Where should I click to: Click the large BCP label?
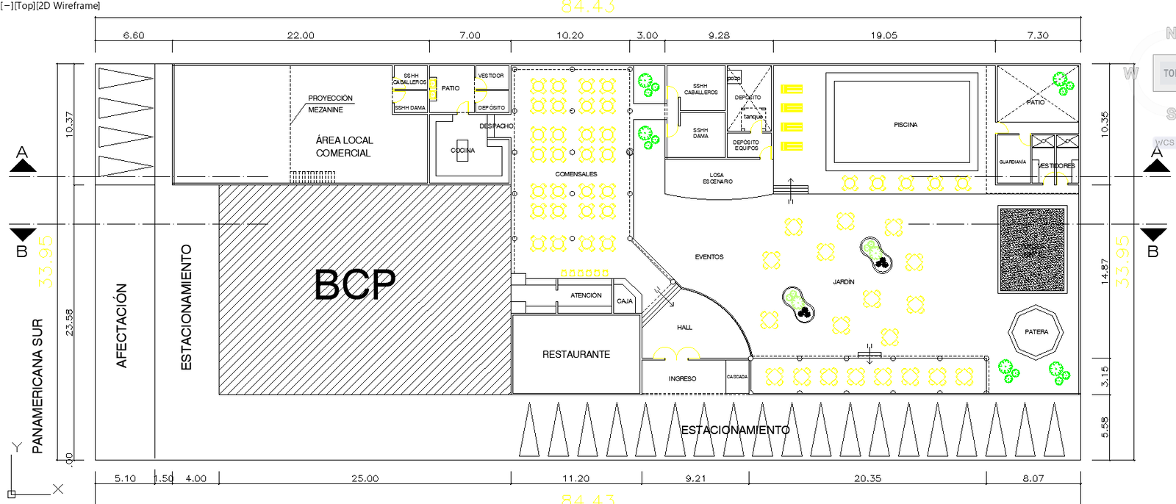coord(355,284)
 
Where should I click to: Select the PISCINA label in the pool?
coord(906,125)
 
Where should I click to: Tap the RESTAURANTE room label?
coord(576,354)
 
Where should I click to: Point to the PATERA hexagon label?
coord(1036,332)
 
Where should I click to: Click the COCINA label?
coord(463,151)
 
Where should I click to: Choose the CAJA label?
coord(625,301)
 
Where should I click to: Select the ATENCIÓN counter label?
coord(586,295)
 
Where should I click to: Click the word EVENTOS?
coord(709,257)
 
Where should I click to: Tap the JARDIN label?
coord(844,282)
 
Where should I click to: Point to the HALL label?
coord(684,328)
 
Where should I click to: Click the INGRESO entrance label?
coord(682,378)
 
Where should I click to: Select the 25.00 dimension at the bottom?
coord(365,478)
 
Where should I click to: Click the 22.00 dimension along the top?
coord(301,35)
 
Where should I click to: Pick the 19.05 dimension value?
coord(883,35)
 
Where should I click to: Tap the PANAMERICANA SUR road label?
coord(37,386)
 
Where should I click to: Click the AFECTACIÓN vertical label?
coord(122,325)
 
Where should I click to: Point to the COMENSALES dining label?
coord(576,174)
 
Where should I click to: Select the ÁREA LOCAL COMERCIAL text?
coord(344,146)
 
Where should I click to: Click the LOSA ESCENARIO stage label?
coord(717,179)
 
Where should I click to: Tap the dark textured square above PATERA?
coord(1032,249)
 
